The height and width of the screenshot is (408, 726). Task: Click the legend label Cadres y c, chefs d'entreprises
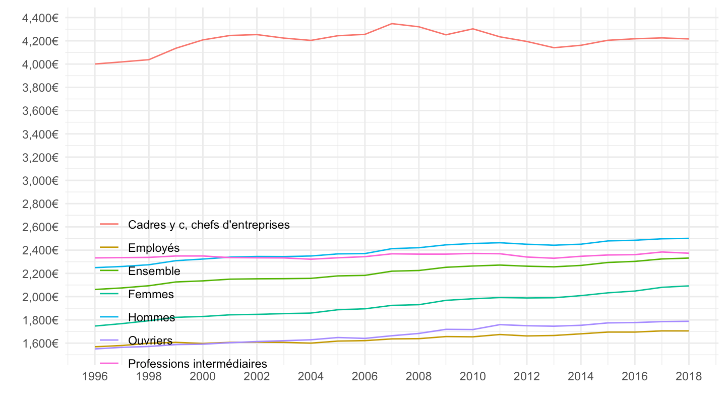tap(209, 225)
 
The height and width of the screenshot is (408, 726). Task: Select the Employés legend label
tap(154, 248)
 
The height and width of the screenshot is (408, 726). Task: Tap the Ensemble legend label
tap(154, 271)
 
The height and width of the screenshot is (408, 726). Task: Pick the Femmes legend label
tap(151, 294)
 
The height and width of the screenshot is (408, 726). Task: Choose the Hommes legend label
tap(152, 317)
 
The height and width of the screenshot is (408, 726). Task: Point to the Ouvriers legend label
tap(150, 341)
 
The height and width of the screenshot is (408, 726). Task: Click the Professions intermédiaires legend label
tap(197, 363)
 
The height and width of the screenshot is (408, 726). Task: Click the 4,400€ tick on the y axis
tap(41, 18)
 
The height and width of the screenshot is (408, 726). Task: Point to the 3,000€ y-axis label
tap(41, 181)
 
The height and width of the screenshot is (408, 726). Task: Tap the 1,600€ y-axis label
tap(41, 344)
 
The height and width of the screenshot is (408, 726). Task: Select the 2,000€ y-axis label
tap(41, 297)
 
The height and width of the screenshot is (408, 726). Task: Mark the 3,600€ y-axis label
tap(41, 111)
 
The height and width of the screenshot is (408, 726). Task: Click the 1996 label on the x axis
tap(95, 377)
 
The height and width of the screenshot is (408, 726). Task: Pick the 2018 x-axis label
tap(689, 377)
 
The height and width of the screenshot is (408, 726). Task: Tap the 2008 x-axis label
tap(418, 377)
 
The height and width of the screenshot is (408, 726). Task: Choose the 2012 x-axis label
tap(526, 377)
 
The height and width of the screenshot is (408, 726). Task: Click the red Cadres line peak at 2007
tap(392, 24)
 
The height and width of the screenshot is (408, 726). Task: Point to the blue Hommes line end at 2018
tap(689, 238)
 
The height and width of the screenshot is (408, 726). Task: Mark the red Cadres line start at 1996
tap(95, 64)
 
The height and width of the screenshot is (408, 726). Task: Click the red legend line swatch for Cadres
tap(109, 225)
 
